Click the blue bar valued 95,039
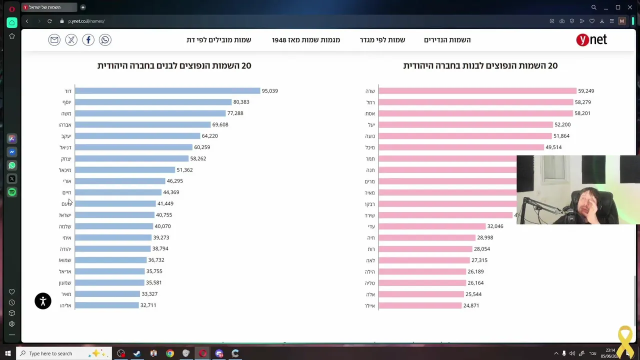(x=167, y=91)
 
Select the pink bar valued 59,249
(x=477, y=91)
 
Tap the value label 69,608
(x=220, y=124)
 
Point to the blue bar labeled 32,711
(x=106, y=305)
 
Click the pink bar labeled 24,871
(x=420, y=305)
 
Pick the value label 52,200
(x=562, y=124)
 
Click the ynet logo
(x=591, y=40)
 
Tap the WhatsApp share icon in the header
(x=105, y=40)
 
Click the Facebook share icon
(x=88, y=40)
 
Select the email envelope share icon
(x=54, y=40)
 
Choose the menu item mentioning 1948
(x=306, y=40)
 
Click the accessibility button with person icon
(x=43, y=301)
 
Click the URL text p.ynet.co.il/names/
(x=86, y=21)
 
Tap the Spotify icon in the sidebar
(x=12, y=192)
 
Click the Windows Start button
(x=7, y=353)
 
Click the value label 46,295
(x=175, y=181)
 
